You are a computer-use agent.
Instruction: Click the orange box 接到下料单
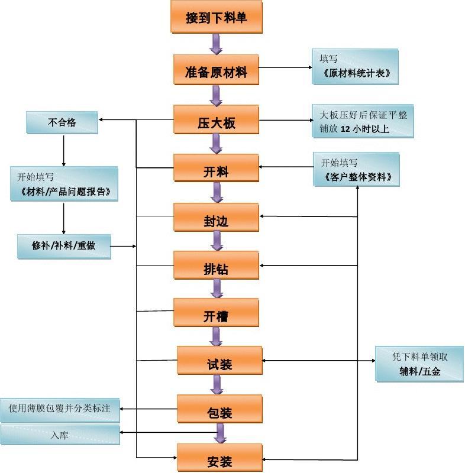tap(216, 17)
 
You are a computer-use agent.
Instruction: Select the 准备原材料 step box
tap(216, 72)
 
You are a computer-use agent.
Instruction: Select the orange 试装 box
tap(219, 362)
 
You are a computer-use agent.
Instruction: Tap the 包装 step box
tap(219, 410)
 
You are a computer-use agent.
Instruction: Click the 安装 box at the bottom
tap(219, 459)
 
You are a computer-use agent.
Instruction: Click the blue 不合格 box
tap(62, 123)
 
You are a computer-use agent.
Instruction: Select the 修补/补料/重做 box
tap(64, 245)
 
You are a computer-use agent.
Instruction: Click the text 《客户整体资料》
tap(358, 177)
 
